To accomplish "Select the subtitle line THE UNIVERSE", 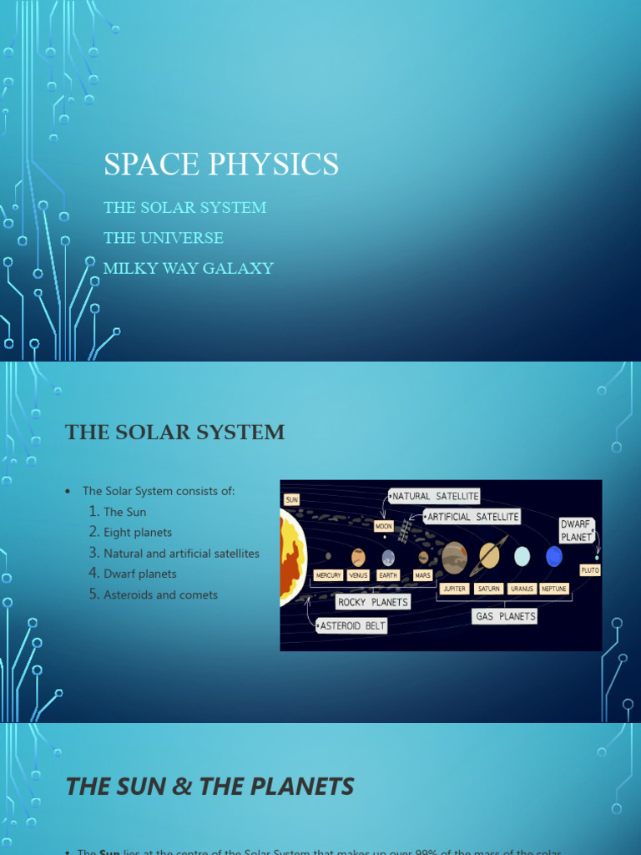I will (x=164, y=238).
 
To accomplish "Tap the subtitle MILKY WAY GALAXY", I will (x=189, y=268).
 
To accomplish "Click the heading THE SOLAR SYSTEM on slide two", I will (x=175, y=432).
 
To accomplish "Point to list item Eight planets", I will (x=138, y=532).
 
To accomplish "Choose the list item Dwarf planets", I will (x=140, y=574).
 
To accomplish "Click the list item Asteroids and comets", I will (x=160, y=594).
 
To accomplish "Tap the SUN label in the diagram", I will (x=291, y=498).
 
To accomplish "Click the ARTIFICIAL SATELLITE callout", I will (x=472, y=517).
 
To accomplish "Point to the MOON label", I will (x=383, y=527).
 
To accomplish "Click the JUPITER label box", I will (x=454, y=589).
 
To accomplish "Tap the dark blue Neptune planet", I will (x=554, y=556).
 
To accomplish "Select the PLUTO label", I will (x=590, y=569).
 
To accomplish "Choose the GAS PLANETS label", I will (x=504, y=616).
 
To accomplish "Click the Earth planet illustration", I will (x=388, y=557).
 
